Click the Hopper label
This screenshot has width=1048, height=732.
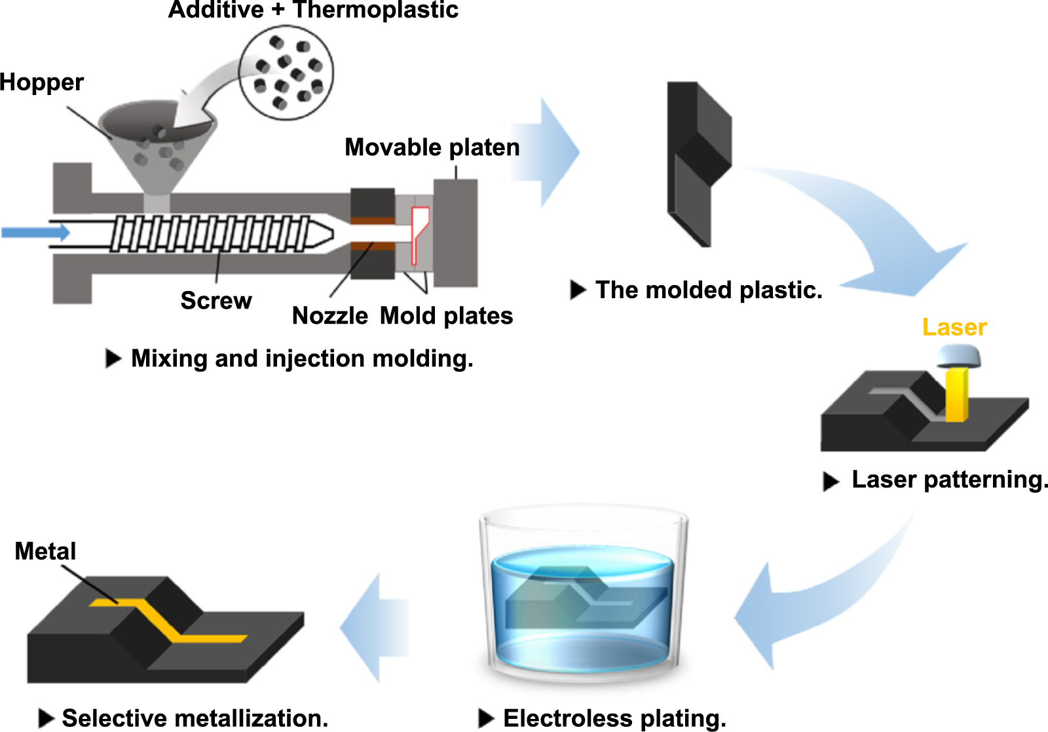[x=41, y=83]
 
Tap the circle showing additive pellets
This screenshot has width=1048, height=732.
[x=286, y=72]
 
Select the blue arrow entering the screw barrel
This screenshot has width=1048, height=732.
[x=36, y=232]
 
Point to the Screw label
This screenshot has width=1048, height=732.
[x=215, y=301]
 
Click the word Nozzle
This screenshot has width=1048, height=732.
[x=329, y=316]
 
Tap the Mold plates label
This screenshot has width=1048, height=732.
[x=446, y=316]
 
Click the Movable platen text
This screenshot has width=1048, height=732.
[x=432, y=147]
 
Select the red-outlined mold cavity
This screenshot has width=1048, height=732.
[x=419, y=233]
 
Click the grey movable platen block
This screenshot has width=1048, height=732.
[x=455, y=233]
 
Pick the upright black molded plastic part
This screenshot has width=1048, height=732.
[x=698, y=164]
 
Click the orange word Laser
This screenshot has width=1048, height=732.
[x=954, y=327]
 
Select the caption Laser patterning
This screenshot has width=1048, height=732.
[x=948, y=480]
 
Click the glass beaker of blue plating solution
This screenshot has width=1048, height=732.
[x=583, y=596]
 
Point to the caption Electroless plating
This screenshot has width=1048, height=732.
[x=614, y=718]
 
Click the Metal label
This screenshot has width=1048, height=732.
[x=45, y=551]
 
